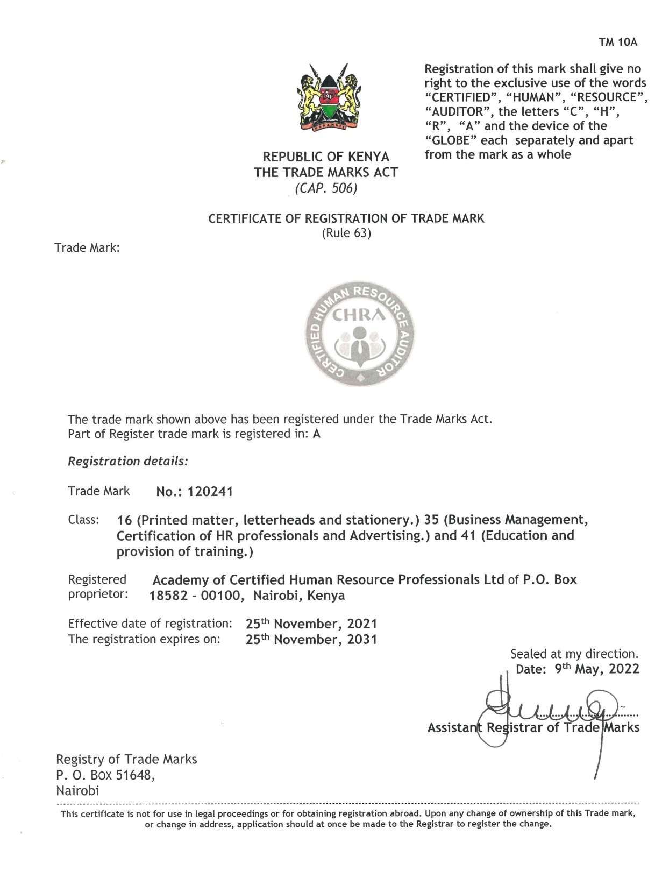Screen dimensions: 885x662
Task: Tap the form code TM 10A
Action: point(618,43)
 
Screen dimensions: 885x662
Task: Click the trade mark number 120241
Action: point(210,492)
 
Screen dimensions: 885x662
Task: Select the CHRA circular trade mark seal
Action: point(360,334)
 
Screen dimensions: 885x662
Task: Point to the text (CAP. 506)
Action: point(326,188)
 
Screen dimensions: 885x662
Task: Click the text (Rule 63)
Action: point(346,233)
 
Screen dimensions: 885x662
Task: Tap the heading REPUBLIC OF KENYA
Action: point(326,157)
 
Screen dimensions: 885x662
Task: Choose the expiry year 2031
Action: point(362,640)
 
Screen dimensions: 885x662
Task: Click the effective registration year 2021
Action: point(362,624)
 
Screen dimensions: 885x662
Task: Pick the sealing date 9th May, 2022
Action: point(597,669)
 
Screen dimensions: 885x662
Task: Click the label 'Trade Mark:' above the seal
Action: point(87,248)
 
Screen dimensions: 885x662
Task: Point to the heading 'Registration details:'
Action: point(127,461)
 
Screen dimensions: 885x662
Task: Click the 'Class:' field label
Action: point(83,520)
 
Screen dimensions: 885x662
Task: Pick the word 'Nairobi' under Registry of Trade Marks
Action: point(77,791)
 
